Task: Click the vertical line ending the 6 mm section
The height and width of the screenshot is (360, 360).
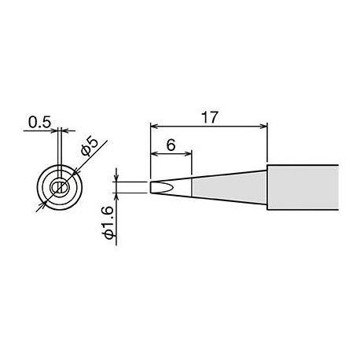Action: (x=192, y=187)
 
